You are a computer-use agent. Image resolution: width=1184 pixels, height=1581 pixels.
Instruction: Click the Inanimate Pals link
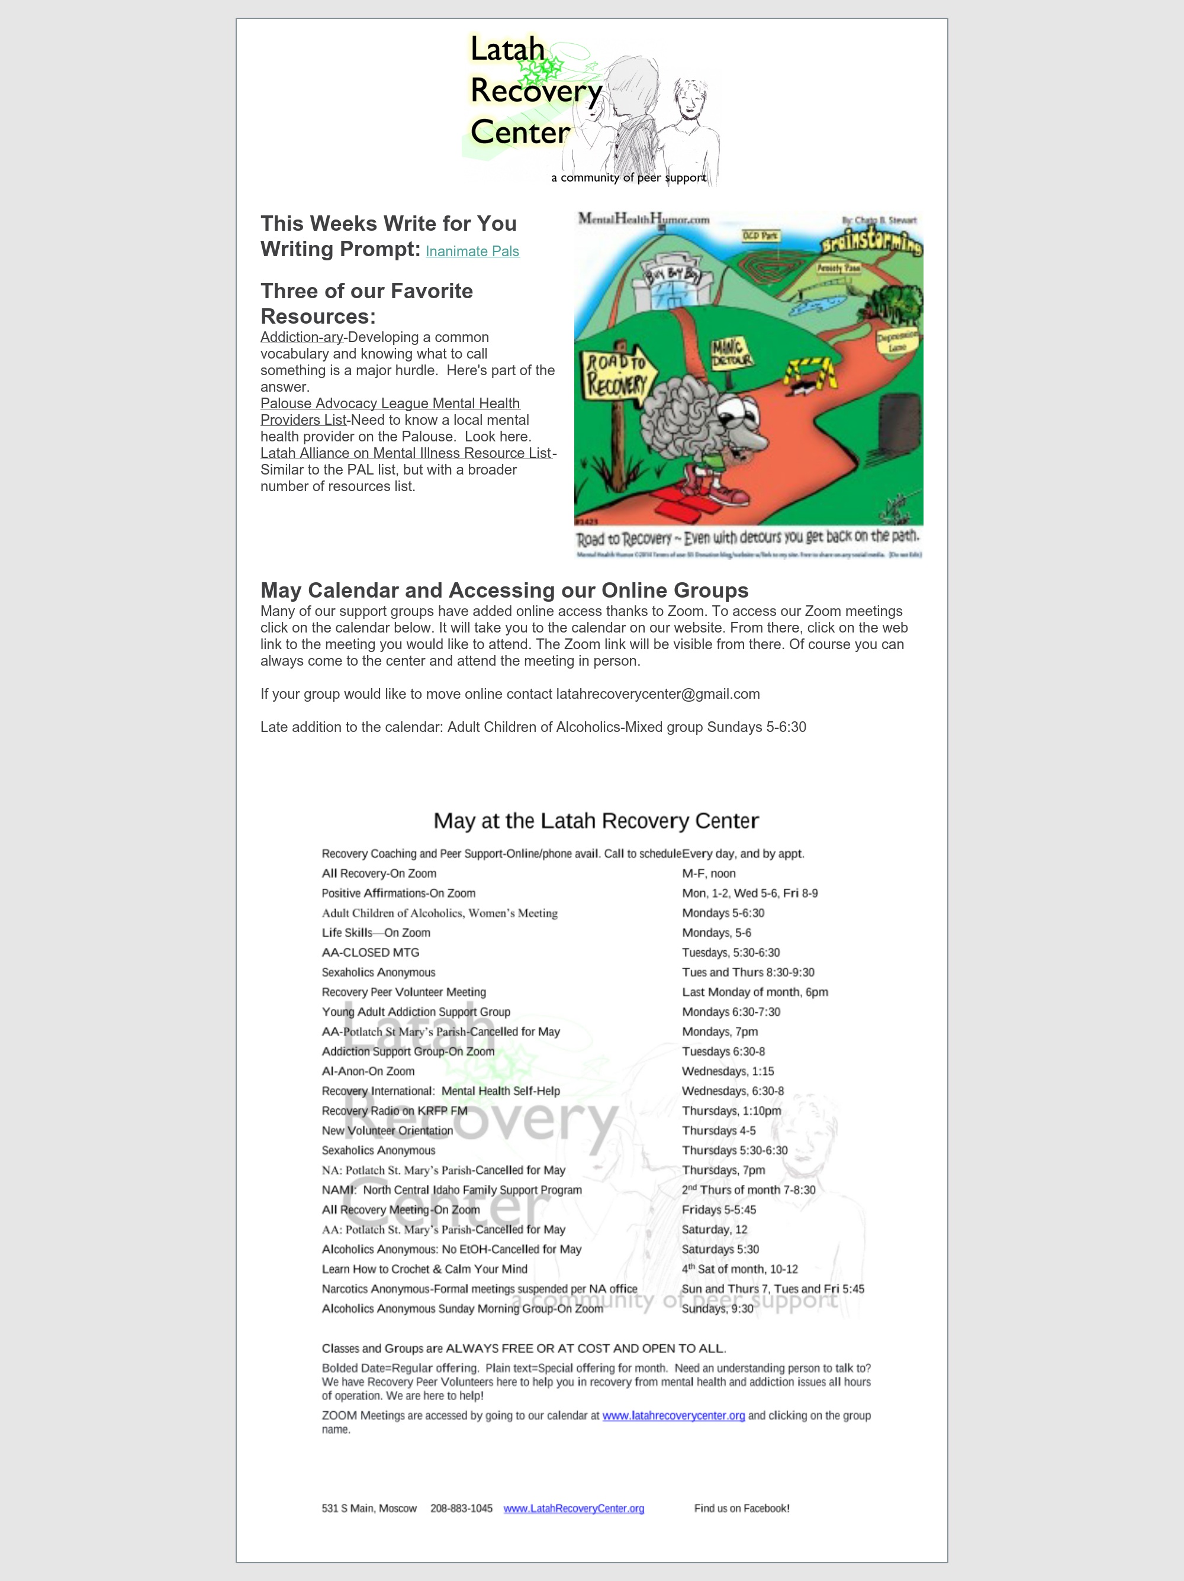point(472,251)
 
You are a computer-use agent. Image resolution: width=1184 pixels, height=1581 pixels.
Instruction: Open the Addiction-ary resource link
point(302,337)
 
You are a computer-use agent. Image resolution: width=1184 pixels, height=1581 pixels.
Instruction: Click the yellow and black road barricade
point(810,373)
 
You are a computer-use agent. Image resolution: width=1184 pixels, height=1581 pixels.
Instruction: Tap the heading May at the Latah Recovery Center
point(596,821)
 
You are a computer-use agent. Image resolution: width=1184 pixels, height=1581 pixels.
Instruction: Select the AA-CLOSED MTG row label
point(371,953)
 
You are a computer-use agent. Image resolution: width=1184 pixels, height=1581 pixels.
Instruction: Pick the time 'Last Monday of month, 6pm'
point(754,992)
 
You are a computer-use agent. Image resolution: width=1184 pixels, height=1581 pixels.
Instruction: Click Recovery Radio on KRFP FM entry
point(394,1111)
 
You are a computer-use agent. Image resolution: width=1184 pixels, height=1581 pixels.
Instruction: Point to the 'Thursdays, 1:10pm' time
point(731,1111)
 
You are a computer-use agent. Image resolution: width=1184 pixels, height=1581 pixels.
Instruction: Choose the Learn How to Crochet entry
point(424,1269)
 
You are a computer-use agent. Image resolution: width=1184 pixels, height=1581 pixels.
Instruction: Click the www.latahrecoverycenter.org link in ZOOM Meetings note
point(674,1415)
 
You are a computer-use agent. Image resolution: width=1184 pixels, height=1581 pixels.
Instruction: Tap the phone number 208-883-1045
point(461,1508)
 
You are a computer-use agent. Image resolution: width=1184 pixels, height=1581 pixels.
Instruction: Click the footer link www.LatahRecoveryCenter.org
point(574,1508)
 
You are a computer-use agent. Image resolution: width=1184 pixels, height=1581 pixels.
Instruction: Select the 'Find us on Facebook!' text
point(741,1508)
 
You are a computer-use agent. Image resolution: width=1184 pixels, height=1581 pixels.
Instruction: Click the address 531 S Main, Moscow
point(369,1508)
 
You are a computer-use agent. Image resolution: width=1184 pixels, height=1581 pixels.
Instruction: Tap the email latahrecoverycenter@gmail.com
point(658,694)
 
